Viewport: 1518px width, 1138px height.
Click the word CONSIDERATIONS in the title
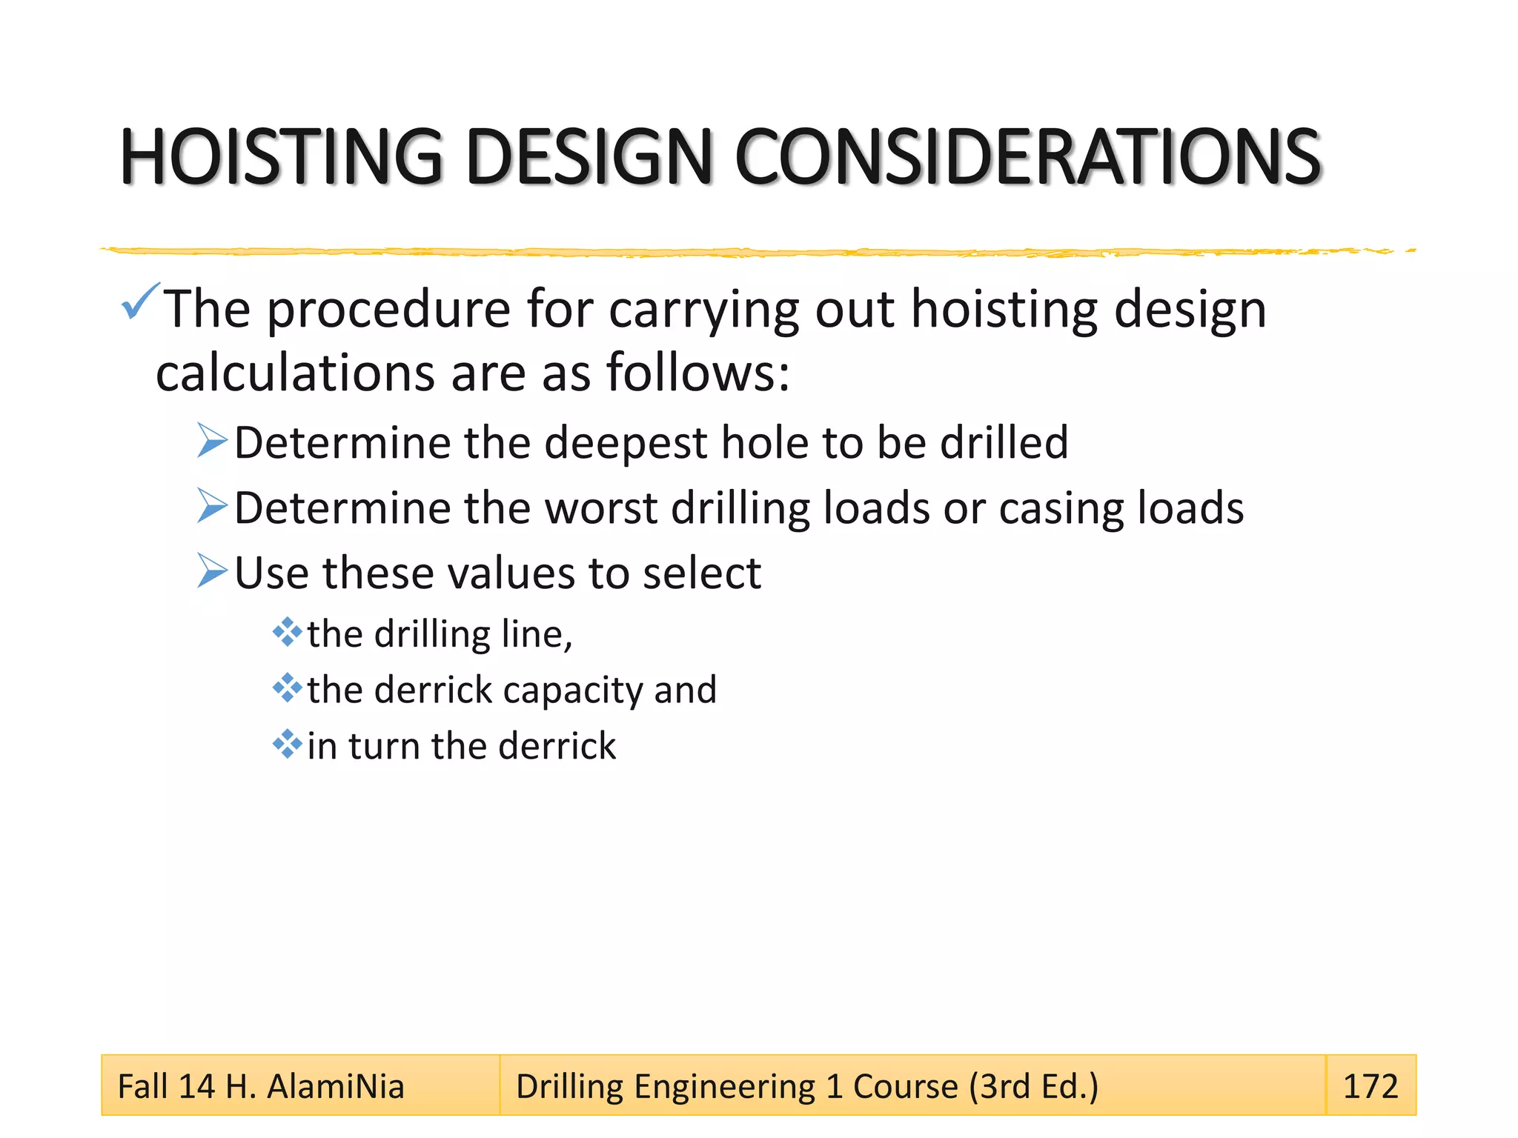tap(1027, 156)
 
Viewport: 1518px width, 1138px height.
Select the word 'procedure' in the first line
tap(388, 309)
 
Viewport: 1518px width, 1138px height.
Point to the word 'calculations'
tap(295, 373)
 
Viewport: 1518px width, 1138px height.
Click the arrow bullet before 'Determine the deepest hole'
tap(212, 441)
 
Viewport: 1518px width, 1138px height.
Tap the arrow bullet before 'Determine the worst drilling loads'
tap(212, 506)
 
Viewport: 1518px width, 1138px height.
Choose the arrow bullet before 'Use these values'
tap(212, 571)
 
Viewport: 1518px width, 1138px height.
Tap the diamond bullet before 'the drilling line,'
tap(287, 633)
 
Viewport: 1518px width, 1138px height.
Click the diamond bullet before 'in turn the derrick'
tap(287, 744)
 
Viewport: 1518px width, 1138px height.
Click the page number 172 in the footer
tap(1370, 1086)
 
